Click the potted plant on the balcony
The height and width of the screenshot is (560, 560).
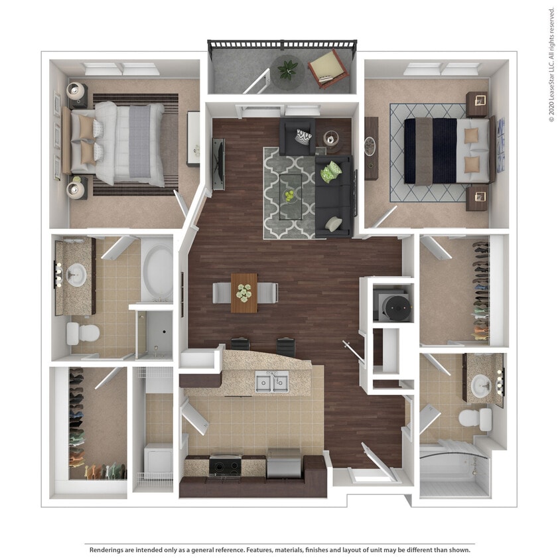pos(288,68)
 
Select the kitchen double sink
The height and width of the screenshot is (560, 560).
pos(272,382)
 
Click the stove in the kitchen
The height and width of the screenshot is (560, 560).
pos(225,466)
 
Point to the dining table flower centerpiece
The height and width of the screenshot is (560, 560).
pos(244,291)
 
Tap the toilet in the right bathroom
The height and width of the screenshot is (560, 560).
pos(474,419)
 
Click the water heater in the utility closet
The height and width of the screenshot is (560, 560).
pos(397,305)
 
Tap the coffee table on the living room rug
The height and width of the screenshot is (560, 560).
pos(290,194)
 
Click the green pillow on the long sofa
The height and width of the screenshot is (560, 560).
pos(330,174)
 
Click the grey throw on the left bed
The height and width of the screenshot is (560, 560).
pos(139,142)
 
